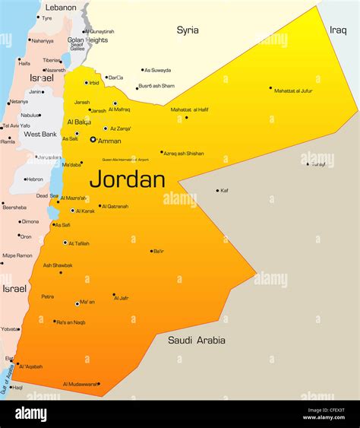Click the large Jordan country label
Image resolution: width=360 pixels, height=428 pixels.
click(127, 180)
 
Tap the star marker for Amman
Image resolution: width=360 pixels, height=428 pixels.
click(93, 139)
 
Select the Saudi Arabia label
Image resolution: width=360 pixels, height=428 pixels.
click(197, 341)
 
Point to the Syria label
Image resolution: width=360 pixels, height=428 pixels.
click(188, 30)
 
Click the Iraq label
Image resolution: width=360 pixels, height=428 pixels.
click(338, 30)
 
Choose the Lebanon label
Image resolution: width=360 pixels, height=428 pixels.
click(61, 7)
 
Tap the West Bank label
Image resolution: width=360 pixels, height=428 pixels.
click(40, 135)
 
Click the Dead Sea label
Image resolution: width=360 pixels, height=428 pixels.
click(47, 195)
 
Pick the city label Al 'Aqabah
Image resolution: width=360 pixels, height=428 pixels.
click(31, 366)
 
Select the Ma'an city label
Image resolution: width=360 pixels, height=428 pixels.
click(87, 302)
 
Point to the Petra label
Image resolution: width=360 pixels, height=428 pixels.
click(47, 296)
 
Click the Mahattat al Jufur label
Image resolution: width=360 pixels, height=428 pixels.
click(293, 90)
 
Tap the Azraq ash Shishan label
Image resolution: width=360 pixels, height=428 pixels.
click(185, 154)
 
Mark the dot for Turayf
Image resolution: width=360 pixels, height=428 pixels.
click(308, 163)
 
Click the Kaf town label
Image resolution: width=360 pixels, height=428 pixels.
click(224, 191)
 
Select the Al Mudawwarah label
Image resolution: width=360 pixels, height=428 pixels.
click(81, 384)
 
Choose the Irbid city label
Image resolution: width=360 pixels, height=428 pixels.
click(94, 83)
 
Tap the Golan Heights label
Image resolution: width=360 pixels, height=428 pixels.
click(87, 40)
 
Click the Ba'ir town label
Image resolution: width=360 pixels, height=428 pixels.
click(159, 251)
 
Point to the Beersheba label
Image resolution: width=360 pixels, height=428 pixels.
click(14, 207)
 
